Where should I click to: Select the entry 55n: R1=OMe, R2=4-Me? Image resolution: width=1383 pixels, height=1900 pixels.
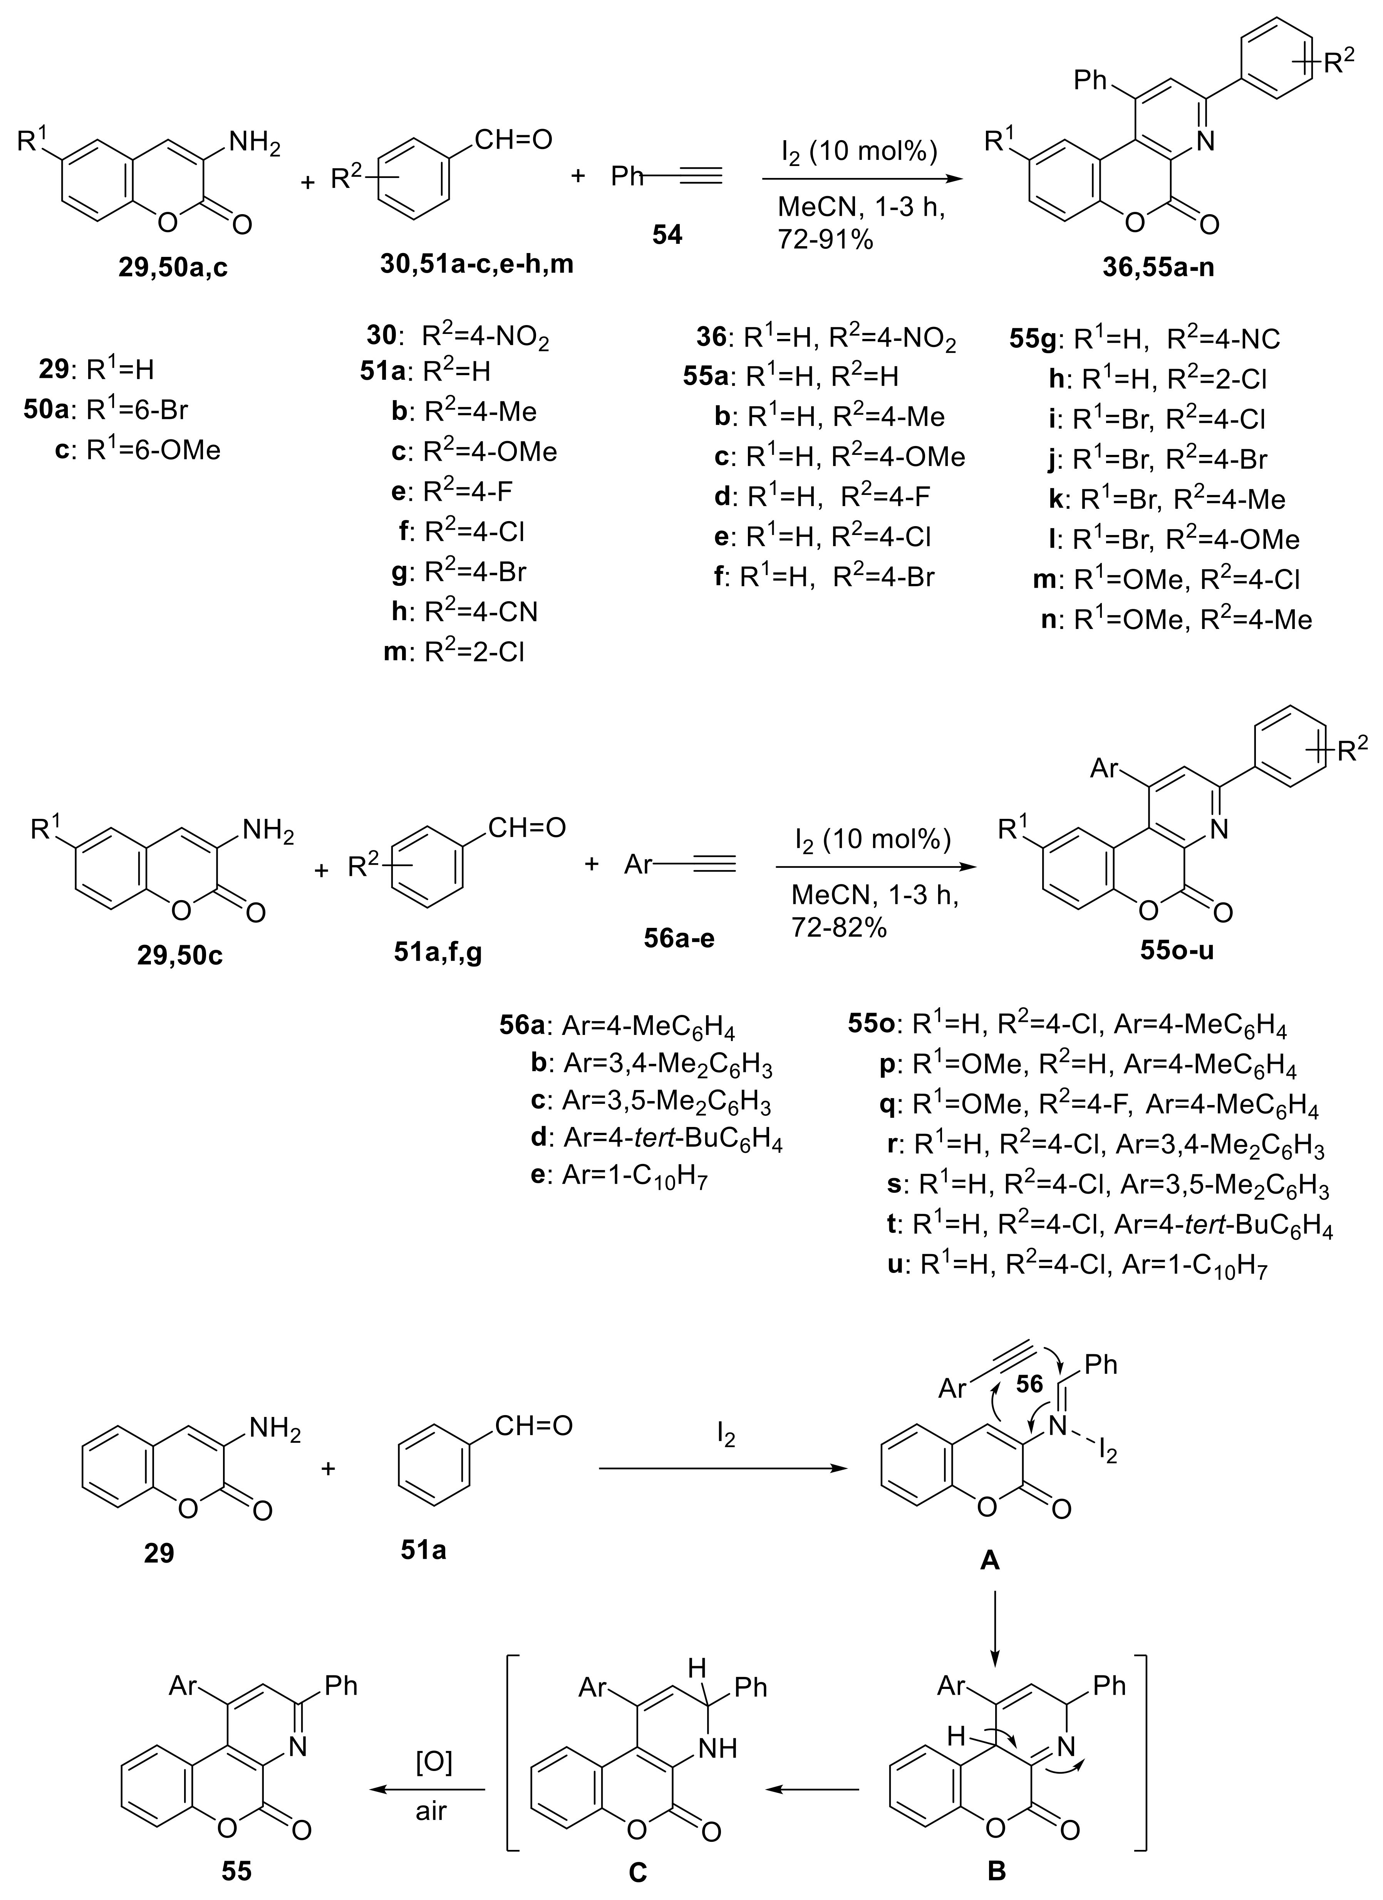click(x=1174, y=619)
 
